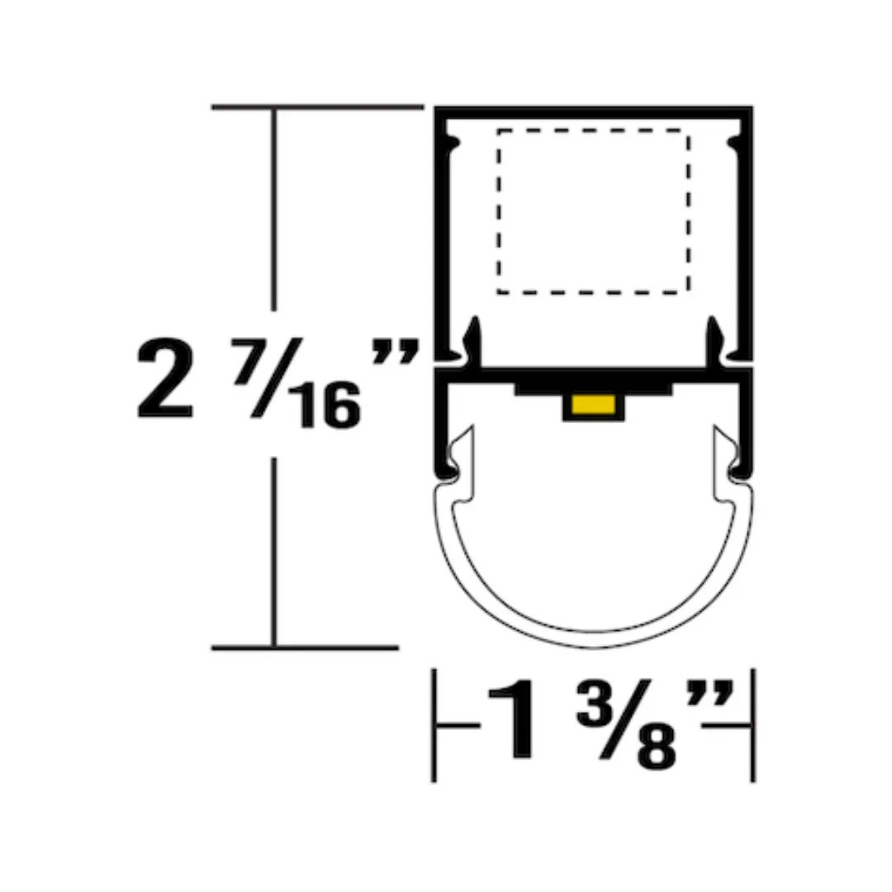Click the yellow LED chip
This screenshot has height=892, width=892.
593,406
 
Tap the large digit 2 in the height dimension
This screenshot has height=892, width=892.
165,381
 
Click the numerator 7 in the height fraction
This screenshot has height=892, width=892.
249,358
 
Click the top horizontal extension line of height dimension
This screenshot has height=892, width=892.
317,107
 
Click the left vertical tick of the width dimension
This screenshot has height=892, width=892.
434,725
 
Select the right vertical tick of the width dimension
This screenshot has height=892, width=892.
752,725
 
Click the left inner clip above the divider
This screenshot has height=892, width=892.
472,339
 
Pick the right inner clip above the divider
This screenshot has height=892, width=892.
714,339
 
